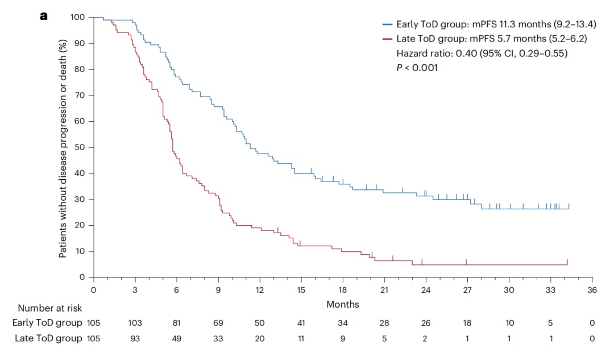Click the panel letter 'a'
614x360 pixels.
(44, 16)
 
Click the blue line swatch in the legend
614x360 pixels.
(388, 24)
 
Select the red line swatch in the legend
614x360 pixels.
(388, 39)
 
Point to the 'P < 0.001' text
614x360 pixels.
(417, 68)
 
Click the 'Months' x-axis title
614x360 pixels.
(343, 304)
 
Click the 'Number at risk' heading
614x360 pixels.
(49, 308)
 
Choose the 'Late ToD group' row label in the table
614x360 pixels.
(47, 339)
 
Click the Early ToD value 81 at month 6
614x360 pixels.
(177, 323)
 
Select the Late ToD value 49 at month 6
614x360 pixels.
(177, 339)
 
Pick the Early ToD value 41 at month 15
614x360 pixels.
(301, 323)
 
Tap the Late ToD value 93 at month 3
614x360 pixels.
(135, 339)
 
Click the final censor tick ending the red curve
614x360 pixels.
(567, 262)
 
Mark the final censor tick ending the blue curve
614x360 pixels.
(569, 206)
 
